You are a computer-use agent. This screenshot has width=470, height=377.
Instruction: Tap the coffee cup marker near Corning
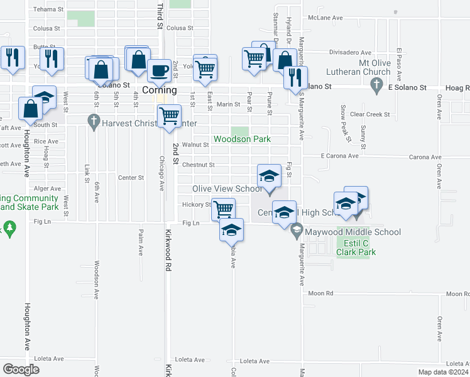(x=160, y=70)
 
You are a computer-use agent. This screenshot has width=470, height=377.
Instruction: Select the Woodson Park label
(x=241, y=139)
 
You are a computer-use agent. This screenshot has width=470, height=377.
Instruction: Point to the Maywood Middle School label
(x=352, y=232)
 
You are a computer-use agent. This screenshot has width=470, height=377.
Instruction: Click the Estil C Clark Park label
(x=355, y=248)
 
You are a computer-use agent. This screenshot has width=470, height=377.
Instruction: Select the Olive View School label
(x=227, y=189)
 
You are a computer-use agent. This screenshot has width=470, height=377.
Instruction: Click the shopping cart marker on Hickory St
(x=224, y=209)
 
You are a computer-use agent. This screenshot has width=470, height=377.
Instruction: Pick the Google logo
(x=21, y=369)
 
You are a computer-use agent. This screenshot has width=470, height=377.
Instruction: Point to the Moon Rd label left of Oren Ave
(x=320, y=293)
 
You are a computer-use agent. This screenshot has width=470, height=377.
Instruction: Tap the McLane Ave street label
(x=329, y=18)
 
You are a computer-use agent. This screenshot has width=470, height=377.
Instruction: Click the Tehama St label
(x=48, y=9)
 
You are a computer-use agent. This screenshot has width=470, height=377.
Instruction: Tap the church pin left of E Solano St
(x=376, y=85)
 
